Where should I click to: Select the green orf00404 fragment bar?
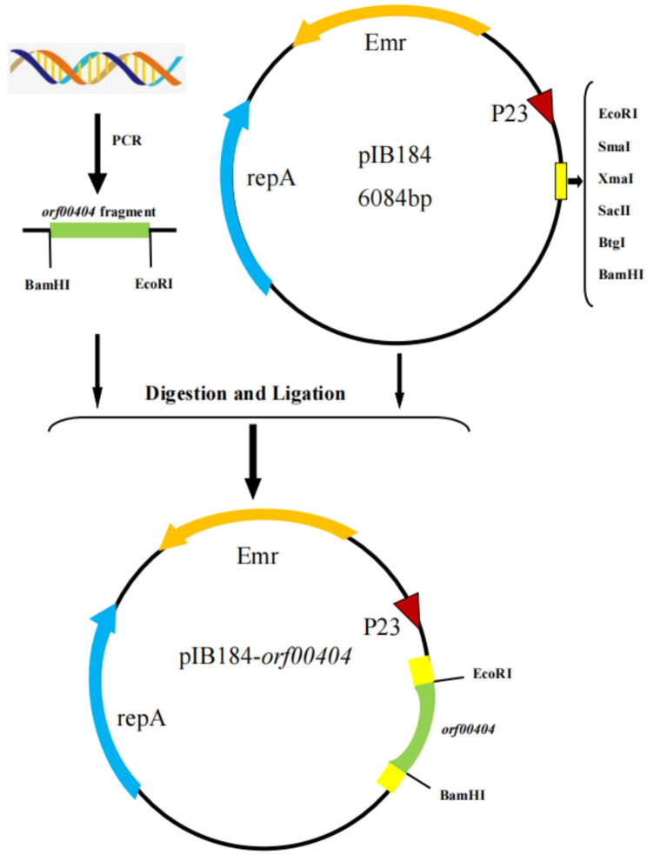(99, 230)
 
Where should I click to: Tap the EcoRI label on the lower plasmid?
(494, 672)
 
